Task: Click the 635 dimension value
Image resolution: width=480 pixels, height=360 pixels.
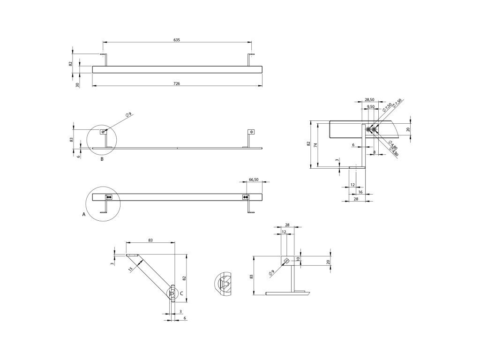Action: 177,40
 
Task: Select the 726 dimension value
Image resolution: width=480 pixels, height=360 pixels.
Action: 177,83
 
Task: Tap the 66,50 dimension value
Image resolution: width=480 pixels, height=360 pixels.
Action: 254,179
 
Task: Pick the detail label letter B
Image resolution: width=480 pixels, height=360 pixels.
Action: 102,159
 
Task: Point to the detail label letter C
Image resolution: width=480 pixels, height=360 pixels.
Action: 181,293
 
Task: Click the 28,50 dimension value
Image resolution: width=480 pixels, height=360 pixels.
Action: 369,100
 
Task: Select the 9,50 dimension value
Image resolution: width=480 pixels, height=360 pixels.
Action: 370,107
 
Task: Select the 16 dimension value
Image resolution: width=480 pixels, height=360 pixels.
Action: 360,192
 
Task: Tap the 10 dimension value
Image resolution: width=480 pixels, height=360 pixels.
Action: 298,258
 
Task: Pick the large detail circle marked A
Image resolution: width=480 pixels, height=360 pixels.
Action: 103,203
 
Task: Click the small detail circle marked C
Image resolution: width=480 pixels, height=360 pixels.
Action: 173,294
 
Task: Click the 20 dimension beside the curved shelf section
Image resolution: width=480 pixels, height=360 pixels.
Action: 408,129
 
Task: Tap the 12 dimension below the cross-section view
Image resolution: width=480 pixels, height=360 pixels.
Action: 352,185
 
